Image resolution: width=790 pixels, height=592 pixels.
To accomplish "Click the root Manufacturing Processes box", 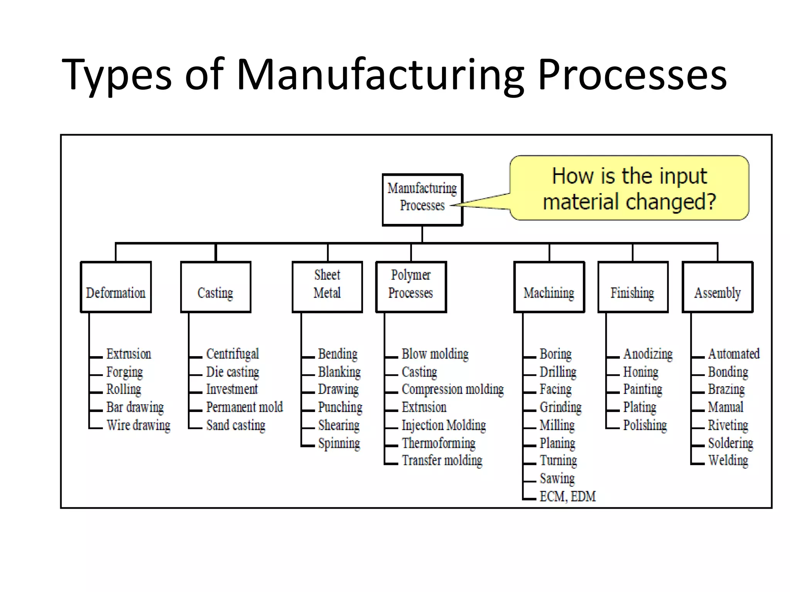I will click(422, 200).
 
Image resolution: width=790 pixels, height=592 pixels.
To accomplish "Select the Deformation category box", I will click(116, 287).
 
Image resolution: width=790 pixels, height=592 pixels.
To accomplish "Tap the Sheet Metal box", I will click(327, 287).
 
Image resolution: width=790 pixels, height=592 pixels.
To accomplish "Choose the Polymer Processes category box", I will click(411, 287).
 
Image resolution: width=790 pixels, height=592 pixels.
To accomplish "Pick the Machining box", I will click(549, 287).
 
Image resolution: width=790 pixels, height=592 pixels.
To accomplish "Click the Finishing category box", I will click(633, 287).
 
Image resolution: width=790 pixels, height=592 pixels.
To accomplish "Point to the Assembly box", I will click(717, 287).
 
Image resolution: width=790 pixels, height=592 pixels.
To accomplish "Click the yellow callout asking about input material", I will click(630, 188).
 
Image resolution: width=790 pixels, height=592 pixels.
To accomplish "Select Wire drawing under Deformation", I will click(138, 425).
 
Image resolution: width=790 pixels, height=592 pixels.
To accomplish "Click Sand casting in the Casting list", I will click(236, 425).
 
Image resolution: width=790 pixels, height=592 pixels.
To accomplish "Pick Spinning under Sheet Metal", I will click(339, 443).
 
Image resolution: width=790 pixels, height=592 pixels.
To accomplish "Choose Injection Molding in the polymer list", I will click(444, 425).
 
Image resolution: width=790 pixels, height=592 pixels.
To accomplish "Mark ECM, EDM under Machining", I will click(567, 496).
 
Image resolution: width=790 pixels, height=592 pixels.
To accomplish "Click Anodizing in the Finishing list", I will click(648, 354).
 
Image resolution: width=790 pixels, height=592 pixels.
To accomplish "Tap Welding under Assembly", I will click(728, 461).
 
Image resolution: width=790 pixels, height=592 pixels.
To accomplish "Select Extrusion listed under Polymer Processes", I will click(424, 407).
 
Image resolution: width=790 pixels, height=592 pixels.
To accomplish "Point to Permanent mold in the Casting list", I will click(245, 407).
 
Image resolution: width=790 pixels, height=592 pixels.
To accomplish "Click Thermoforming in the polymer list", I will click(439, 443).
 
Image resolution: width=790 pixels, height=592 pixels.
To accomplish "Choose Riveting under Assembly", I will click(728, 425).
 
